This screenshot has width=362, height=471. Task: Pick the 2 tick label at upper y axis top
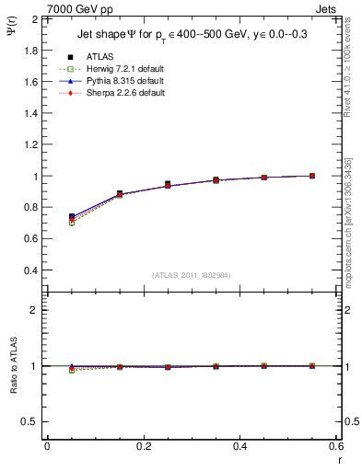34,18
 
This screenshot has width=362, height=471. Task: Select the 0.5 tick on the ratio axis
29,421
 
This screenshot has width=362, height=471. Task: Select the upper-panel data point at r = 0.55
311,176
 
